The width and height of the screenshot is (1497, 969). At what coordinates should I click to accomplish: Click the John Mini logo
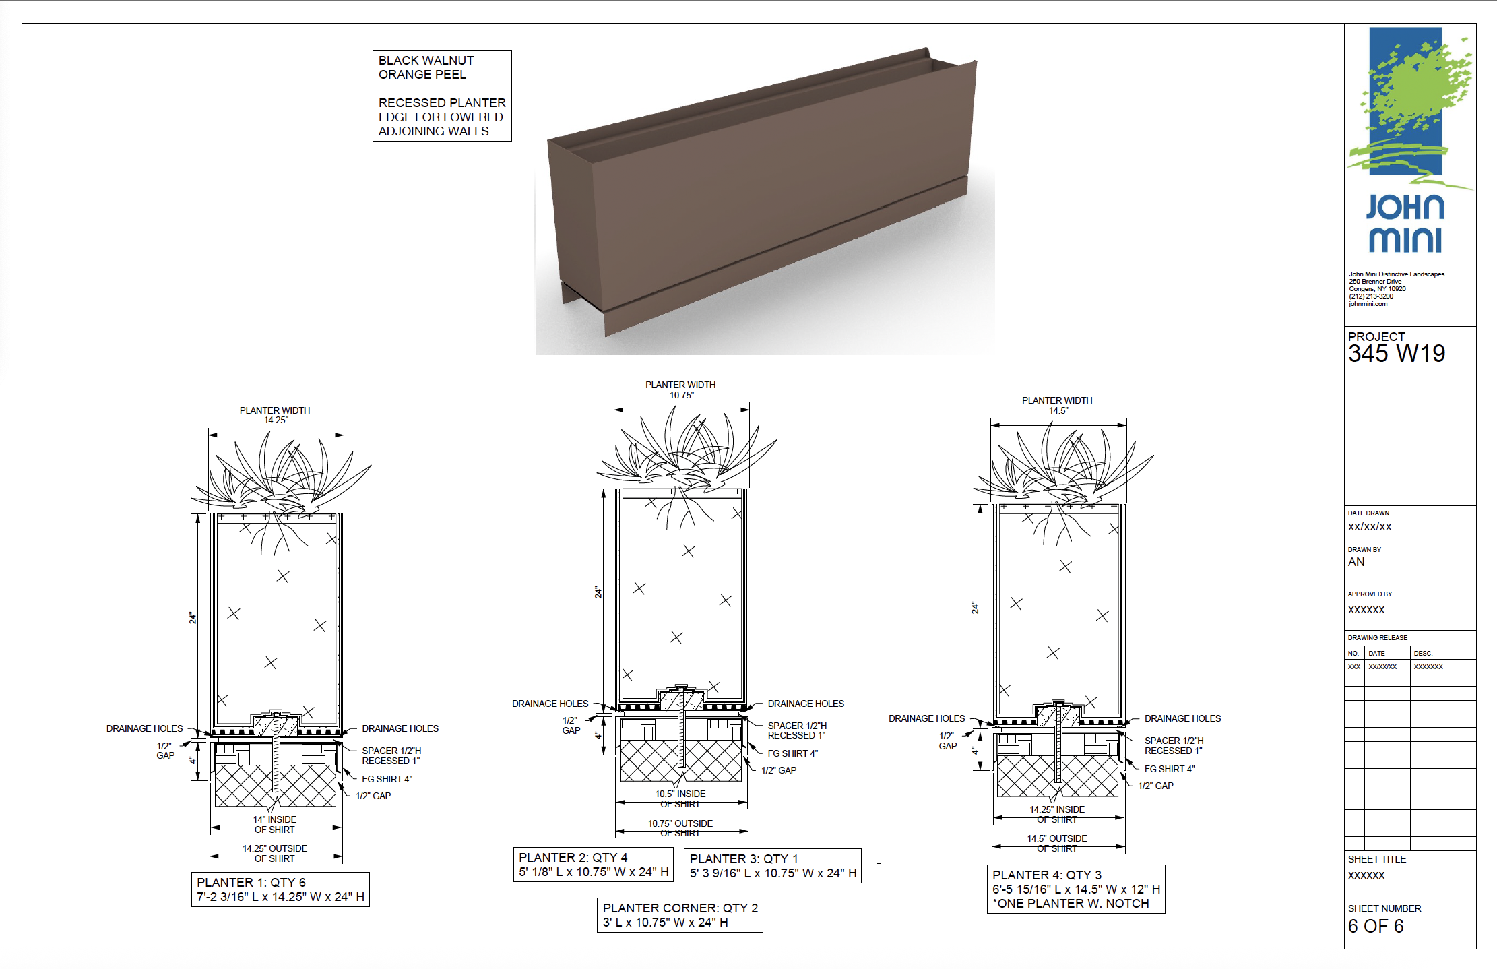point(1409,141)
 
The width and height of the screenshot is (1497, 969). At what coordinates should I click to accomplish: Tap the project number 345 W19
point(1397,354)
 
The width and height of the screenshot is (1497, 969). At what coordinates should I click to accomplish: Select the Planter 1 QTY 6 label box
point(280,889)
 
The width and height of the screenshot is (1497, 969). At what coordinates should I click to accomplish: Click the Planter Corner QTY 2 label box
point(680,915)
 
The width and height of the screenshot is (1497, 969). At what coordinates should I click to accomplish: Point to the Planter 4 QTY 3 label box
point(1076,889)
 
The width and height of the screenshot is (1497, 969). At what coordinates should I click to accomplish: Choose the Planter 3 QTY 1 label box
point(773,866)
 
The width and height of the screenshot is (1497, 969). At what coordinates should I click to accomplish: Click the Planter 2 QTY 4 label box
point(594,865)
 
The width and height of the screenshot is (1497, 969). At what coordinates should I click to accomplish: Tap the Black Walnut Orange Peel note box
point(442,96)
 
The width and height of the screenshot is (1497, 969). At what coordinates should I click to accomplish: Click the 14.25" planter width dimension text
point(276,420)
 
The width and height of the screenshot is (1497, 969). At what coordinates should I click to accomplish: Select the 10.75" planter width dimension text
point(681,395)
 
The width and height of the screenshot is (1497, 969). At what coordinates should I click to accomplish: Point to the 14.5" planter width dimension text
point(1058,410)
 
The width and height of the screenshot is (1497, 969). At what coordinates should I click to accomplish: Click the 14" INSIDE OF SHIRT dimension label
point(275,825)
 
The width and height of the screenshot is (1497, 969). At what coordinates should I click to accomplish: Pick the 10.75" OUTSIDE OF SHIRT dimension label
point(680,828)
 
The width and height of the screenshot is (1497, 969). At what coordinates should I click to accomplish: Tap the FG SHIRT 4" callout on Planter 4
point(1170,769)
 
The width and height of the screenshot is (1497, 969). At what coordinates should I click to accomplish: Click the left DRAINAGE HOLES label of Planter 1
point(144,728)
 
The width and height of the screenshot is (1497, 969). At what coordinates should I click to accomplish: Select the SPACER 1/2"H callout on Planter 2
point(797,726)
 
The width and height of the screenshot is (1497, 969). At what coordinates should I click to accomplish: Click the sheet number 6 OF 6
point(1376,927)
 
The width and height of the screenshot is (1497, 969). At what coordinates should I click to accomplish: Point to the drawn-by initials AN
point(1356,562)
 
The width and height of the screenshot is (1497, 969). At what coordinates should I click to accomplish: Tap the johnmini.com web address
point(1368,304)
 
